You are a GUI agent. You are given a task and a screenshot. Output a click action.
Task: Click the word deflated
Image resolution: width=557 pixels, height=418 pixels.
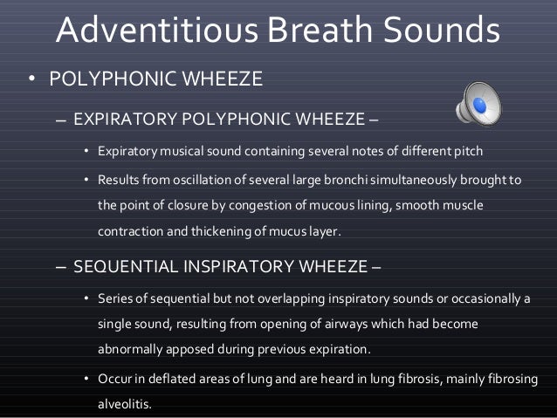(x=162, y=380)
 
